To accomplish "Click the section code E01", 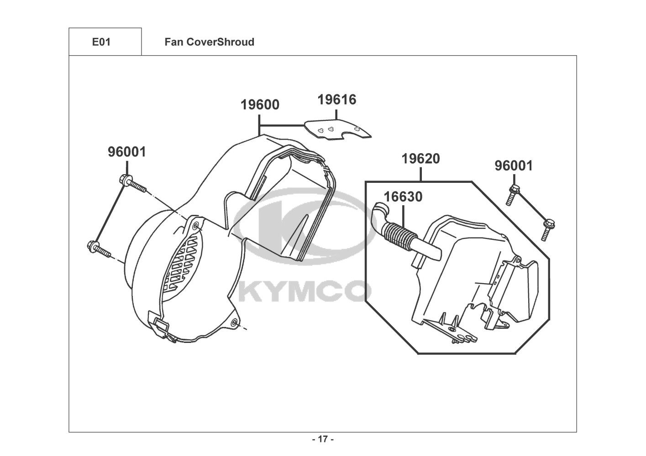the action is (x=101, y=42).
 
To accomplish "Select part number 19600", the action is (x=260, y=105).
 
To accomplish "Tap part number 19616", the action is (x=337, y=100).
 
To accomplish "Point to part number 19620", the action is (x=420, y=159).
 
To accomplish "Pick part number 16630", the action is (x=403, y=197).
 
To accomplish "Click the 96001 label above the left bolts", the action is (x=127, y=152).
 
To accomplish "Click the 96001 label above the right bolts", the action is (x=514, y=166).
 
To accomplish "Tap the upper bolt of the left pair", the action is (x=132, y=183).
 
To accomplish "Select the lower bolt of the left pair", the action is (x=99, y=249).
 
